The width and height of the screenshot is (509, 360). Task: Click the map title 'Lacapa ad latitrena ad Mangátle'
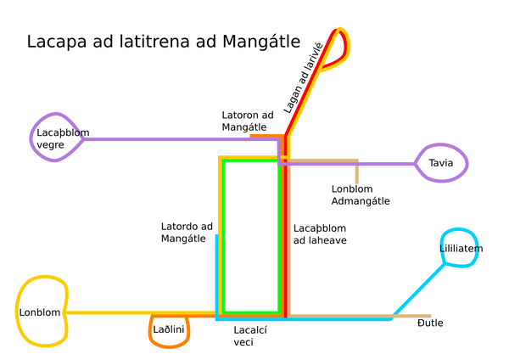click(x=163, y=42)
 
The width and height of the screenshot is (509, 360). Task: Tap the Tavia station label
click(x=440, y=163)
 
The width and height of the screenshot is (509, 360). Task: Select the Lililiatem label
click(x=461, y=249)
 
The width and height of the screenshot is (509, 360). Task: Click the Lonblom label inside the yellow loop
click(x=40, y=312)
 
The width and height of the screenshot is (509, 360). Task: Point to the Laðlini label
click(x=169, y=329)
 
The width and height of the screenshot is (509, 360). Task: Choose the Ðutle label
click(x=430, y=323)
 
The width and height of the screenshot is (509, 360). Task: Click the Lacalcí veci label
click(x=250, y=336)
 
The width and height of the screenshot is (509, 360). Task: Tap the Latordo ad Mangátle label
click(x=187, y=233)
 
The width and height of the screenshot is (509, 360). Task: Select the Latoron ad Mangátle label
click(x=248, y=121)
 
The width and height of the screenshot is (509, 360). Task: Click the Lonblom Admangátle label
click(x=361, y=195)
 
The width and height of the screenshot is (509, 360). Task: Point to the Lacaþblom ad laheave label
click(x=320, y=234)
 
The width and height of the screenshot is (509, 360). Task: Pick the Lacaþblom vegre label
click(x=63, y=138)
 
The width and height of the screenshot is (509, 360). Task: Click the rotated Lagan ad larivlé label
click(x=303, y=78)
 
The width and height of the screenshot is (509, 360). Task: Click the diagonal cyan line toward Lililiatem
click(x=418, y=291)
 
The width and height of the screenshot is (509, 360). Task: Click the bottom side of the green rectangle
click(x=251, y=313)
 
